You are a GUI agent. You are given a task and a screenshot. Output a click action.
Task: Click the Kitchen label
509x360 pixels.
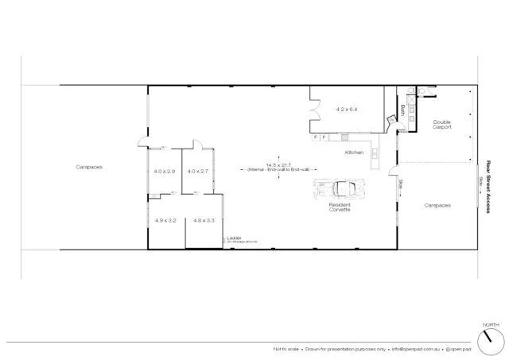pyautogui.click(x=354, y=152)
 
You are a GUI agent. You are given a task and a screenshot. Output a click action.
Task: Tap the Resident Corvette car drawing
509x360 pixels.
pyautogui.click(x=340, y=188)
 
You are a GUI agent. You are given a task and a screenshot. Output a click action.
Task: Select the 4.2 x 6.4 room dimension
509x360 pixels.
pyautogui.click(x=348, y=109)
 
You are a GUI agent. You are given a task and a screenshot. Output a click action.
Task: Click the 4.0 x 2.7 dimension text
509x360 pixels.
pyautogui.click(x=197, y=171)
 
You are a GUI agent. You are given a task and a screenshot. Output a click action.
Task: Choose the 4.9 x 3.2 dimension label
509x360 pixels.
pyautogui.click(x=165, y=220)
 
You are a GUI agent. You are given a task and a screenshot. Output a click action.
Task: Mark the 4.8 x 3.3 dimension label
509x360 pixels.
pyautogui.click(x=203, y=220)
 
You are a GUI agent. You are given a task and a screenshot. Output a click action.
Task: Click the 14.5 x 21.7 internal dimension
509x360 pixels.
pyautogui.click(x=278, y=165)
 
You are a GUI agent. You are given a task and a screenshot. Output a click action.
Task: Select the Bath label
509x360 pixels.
pyautogui.click(x=403, y=110)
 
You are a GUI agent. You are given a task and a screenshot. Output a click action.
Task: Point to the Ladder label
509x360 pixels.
pyautogui.click(x=234, y=237)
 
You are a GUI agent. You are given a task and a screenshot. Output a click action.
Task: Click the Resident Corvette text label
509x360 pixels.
pyautogui.click(x=340, y=206)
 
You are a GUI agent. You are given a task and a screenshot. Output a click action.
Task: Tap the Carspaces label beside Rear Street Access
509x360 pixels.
pyautogui.click(x=437, y=204)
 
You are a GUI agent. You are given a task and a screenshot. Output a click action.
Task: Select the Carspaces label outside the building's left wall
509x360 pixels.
pyautogui.click(x=89, y=167)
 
